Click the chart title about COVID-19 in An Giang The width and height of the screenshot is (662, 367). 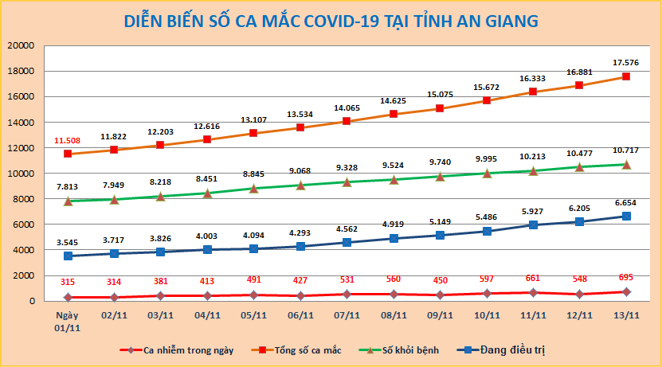tap(331, 21)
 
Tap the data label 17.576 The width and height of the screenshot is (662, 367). tap(625, 62)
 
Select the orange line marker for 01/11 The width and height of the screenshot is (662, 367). tap(69, 154)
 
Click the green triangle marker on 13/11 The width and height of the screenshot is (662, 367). tap(626, 165)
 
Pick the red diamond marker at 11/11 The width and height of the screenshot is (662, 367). tap(533, 292)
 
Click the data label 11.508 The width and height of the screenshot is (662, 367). tap(69, 140)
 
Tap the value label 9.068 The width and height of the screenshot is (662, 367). tap(300, 170)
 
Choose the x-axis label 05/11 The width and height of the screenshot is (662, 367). tap(254, 314)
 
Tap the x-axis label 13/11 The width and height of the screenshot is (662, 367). tap(626, 314)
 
